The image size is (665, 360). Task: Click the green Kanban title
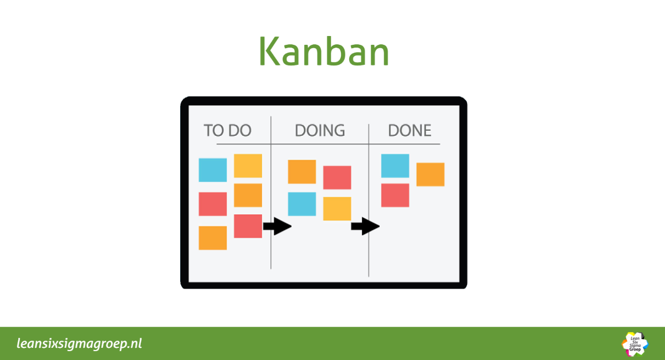pos(324,51)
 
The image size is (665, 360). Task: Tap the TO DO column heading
pos(227,130)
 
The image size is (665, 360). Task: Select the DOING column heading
pos(320,130)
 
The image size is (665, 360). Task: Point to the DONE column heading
pos(410,130)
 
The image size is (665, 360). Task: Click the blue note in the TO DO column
pos(213,170)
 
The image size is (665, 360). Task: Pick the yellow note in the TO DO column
pos(248,166)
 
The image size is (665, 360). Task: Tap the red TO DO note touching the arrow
pos(248,226)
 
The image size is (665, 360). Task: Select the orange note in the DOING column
pos(302,172)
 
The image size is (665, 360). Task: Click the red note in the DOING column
pos(337,177)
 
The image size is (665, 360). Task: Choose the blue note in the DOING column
pos(302,204)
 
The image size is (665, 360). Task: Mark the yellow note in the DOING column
pos(337,209)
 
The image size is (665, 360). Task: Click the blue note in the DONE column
pos(395,166)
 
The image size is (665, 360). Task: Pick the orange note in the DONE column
pos(431,174)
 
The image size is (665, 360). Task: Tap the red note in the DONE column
pos(395,196)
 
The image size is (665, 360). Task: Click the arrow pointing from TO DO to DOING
pos(277,226)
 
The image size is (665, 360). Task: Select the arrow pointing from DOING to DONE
pos(365,226)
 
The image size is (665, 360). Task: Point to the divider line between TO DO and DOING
pos(271,193)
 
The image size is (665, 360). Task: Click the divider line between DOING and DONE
pos(369,200)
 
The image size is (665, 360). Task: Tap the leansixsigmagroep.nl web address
pos(79,344)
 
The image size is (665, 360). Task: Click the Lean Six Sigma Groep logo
pos(635,344)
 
